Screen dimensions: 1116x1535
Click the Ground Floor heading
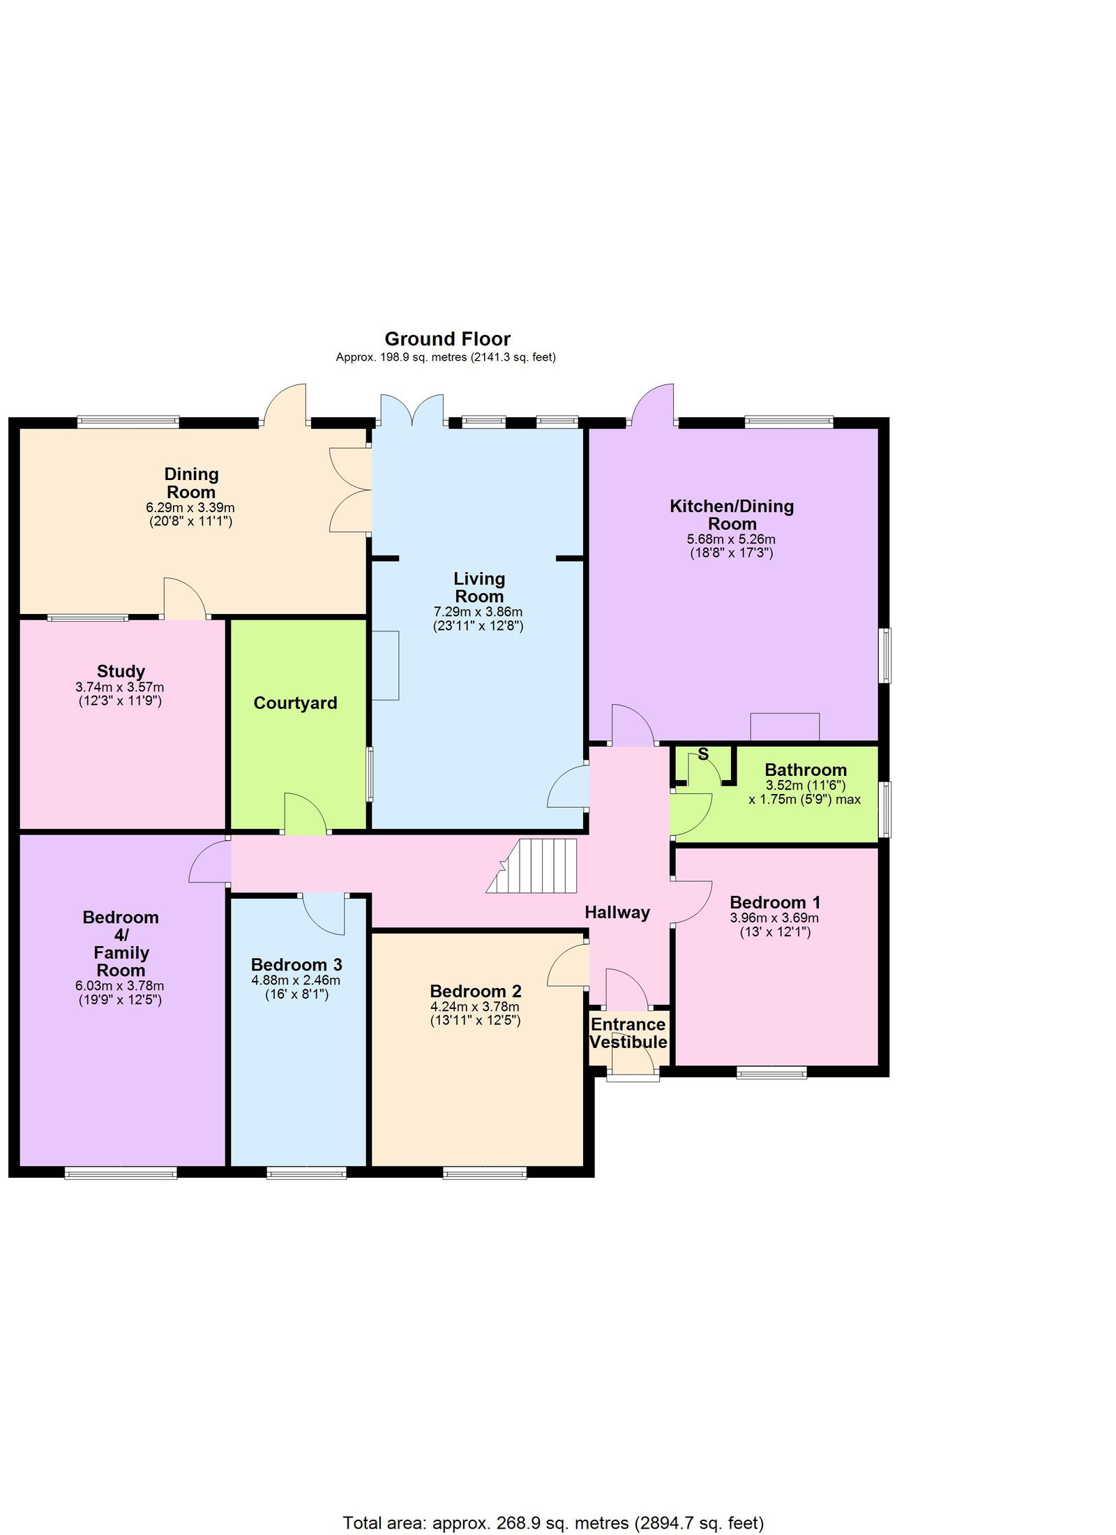point(447,339)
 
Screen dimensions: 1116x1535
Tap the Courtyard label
point(295,703)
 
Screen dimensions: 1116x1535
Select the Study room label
point(121,671)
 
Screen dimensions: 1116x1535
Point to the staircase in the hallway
point(532,866)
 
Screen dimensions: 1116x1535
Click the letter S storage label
point(703,754)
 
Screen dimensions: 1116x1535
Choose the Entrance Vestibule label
point(628,1033)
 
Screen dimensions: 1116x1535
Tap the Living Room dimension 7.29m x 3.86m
point(478,612)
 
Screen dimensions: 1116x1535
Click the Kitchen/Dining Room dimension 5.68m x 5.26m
point(731,539)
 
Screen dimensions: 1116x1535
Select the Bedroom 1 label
point(775,902)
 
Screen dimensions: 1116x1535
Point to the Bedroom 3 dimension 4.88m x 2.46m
point(296,980)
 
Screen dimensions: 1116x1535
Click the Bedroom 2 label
point(476,991)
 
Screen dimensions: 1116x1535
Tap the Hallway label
point(617,913)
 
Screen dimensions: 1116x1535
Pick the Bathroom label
point(806,770)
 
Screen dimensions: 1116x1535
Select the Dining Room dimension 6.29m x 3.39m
point(190,507)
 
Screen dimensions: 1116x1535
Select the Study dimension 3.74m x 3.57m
point(120,687)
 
